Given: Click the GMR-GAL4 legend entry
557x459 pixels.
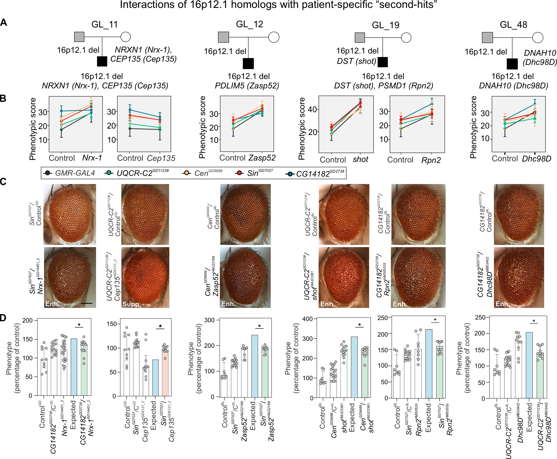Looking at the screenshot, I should pos(75,173).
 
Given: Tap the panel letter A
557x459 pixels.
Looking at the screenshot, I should pos(4,23).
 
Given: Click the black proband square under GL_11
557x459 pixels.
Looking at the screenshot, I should pos(102,61).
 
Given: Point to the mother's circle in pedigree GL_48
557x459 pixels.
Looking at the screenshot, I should pos(537,38).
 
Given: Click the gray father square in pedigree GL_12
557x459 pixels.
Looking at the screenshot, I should pos(223,37).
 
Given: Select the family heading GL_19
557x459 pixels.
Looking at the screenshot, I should pos(385,25).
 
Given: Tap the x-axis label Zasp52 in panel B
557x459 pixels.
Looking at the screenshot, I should pos(262,158).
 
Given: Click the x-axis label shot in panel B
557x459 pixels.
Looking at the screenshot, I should pos(360,160).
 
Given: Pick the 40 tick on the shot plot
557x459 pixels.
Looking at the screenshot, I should pos(313,109).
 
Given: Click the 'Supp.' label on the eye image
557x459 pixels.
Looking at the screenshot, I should pos(131,304).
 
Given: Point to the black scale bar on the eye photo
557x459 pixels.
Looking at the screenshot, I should pos(86,303).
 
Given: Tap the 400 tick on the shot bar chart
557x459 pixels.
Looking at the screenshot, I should pos(307,319).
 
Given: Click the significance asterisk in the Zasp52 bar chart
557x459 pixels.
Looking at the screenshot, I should pos(259,326).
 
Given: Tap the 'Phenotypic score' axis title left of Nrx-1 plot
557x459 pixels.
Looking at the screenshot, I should pos(33,129).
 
